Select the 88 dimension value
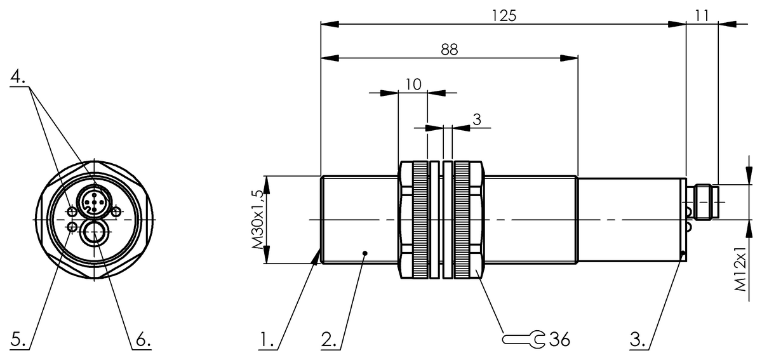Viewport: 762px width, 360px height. (450, 50)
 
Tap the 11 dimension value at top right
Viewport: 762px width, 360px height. (702, 15)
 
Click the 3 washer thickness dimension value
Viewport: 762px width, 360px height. (477, 119)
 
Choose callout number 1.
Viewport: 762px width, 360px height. (267, 340)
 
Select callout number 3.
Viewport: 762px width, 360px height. (637, 340)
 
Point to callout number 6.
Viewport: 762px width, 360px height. (141, 340)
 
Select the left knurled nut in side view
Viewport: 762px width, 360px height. (414, 220)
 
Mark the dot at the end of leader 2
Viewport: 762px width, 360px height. (364, 254)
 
